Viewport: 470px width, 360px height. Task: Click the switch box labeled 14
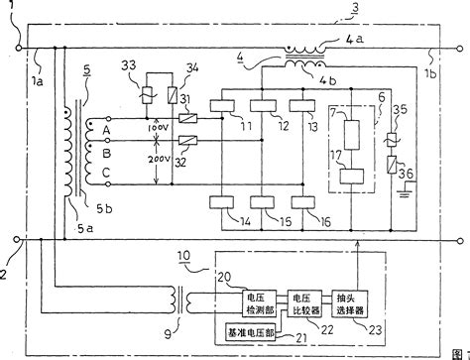point(224,204)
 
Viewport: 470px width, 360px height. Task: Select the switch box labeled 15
point(263,204)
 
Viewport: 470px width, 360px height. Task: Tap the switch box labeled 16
point(301,204)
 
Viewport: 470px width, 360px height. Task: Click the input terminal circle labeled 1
point(18,43)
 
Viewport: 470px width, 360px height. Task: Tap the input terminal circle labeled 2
point(18,239)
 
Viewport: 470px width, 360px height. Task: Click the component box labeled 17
point(352,177)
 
